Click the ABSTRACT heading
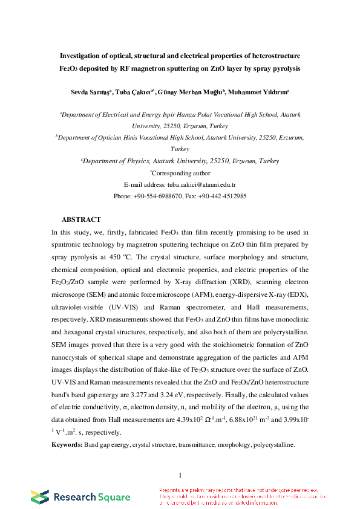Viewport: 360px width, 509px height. [81, 219]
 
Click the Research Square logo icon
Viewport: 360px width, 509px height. [40, 497]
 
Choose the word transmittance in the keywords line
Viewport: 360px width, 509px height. [197, 444]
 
